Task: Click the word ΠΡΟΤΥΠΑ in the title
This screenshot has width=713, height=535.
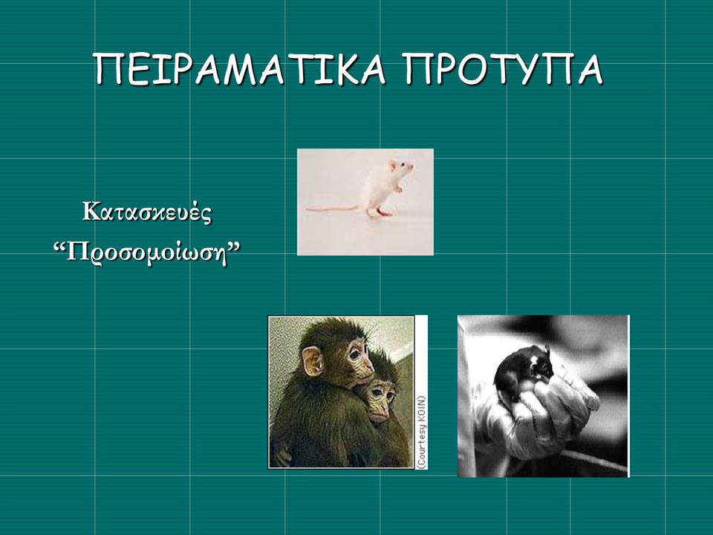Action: point(504,68)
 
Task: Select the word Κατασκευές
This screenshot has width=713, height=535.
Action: point(147,212)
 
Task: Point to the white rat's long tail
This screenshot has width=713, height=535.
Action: point(333,209)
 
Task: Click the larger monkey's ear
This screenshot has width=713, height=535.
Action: point(313,361)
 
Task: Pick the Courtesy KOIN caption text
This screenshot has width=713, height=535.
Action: point(422,432)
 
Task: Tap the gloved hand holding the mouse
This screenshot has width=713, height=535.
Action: point(536,416)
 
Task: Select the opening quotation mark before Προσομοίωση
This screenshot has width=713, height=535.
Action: point(59,247)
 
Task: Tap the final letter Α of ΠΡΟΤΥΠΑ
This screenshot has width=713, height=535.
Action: point(590,69)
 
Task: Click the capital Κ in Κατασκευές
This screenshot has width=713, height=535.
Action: point(91,211)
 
